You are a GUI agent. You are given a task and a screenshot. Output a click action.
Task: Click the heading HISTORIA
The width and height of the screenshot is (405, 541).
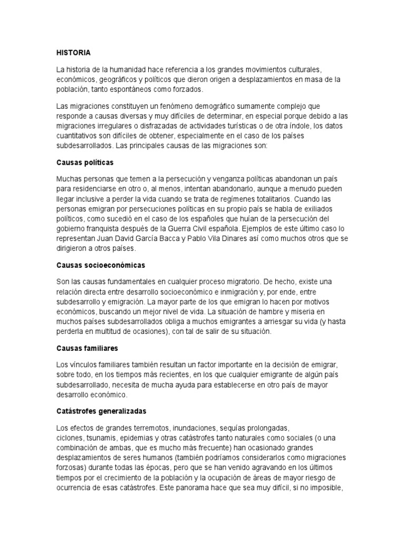coord(73,53)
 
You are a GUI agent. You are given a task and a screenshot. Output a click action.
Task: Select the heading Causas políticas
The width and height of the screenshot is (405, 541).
coord(85,162)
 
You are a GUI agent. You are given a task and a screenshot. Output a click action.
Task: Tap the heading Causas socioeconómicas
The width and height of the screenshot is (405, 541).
coord(101,264)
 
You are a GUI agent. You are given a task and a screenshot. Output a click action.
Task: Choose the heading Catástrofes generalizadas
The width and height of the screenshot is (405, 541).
coord(101,411)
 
